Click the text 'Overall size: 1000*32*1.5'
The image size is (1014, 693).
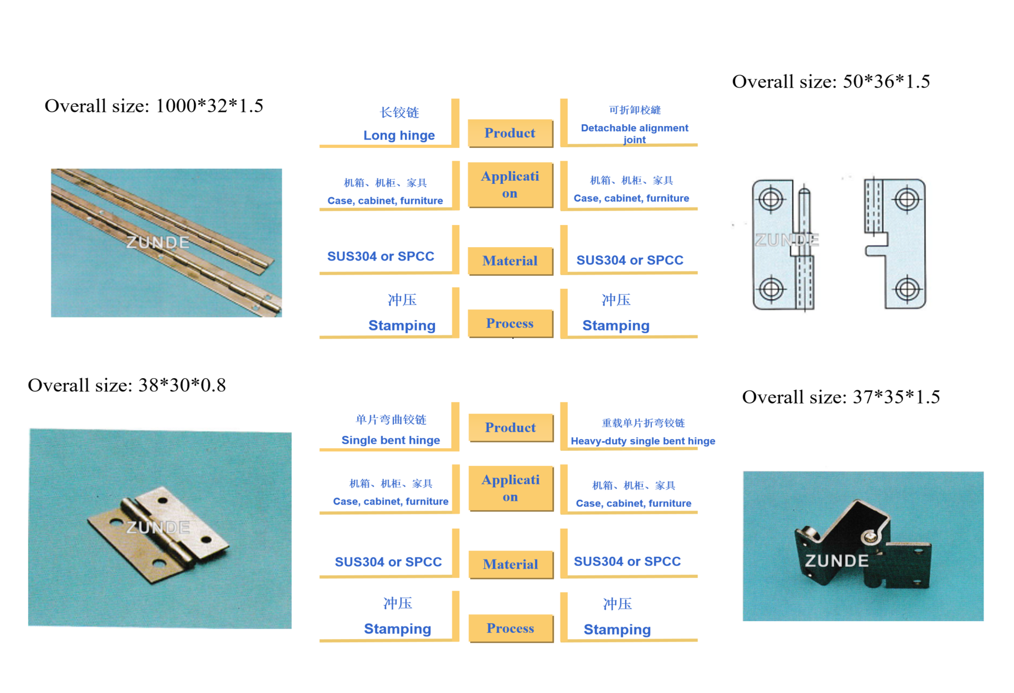(x=154, y=106)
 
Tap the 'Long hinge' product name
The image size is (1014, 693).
(x=399, y=135)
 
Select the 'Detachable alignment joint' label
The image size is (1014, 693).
(x=634, y=133)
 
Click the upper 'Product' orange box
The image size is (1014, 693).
(x=510, y=133)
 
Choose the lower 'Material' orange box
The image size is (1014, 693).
(x=510, y=564)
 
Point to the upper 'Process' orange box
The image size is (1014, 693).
(x=510, y=323)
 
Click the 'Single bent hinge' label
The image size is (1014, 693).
(x=390, y=440)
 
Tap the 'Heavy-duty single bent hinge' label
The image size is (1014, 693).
(x=643, y=441)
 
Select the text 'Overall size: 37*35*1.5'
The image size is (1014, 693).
(x=841, y=397)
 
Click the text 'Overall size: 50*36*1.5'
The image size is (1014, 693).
(x=831, y=81)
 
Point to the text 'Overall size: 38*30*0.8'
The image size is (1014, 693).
(x=127, y=385)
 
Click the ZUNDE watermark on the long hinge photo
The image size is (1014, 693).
(x=157, y=242)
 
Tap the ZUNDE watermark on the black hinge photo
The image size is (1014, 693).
(x=837, y=560)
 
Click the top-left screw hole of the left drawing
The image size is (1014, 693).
(x=771, y=200)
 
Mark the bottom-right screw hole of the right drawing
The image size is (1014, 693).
(x=907, y=289)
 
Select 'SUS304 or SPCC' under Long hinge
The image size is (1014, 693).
(x=380, y=256)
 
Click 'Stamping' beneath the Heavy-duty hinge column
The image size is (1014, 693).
(x=617, y=629)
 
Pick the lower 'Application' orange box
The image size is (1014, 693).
(x=510, y=488)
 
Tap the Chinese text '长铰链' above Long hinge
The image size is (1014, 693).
(x=399, y=113)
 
